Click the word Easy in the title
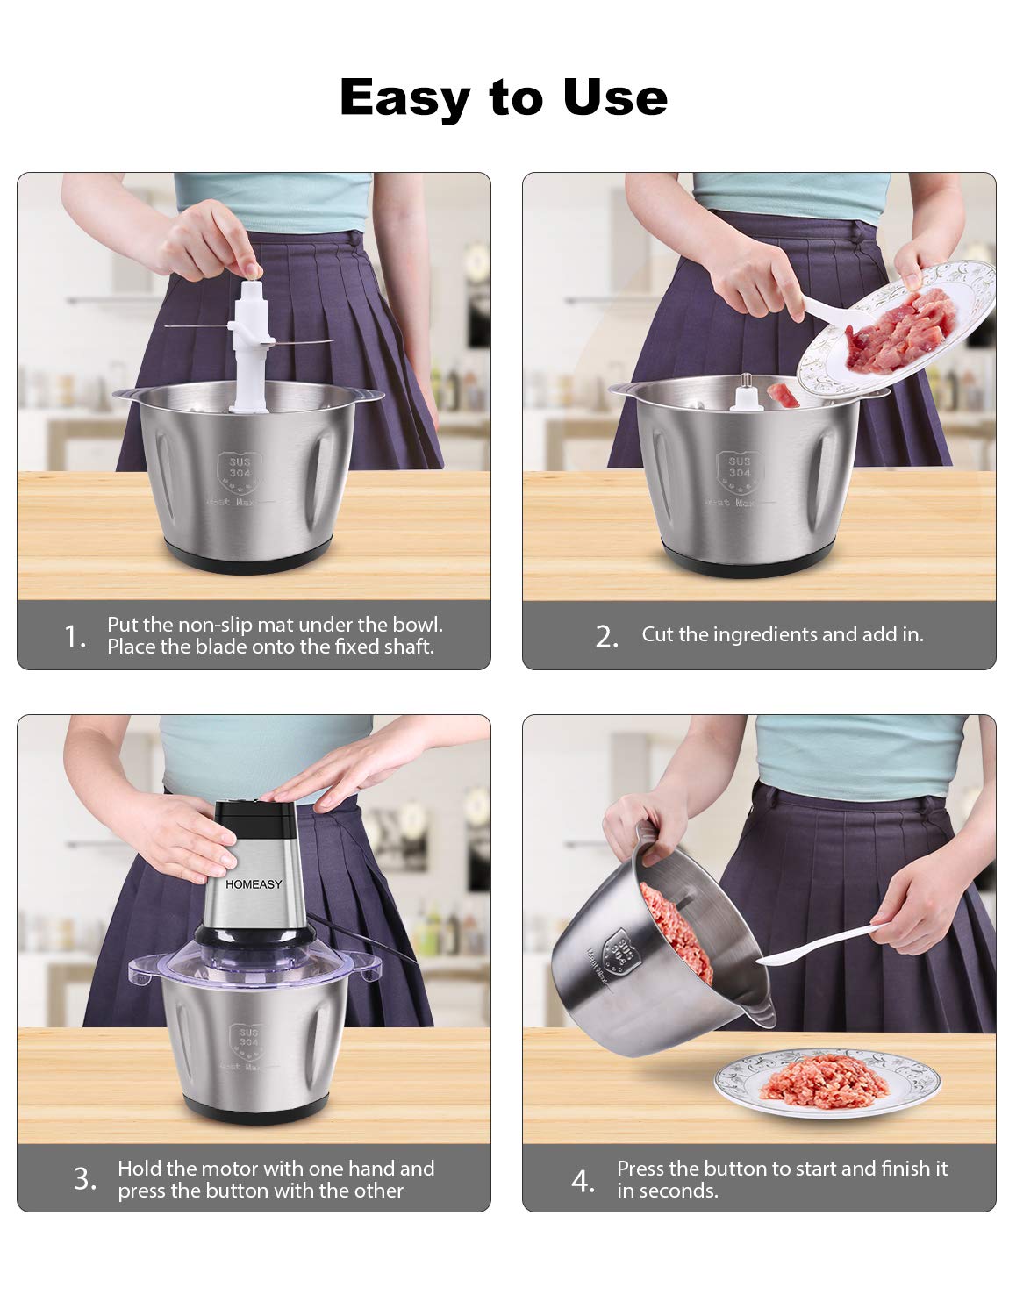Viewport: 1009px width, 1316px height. coord(404,97)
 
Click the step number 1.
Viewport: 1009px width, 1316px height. coord(75,636)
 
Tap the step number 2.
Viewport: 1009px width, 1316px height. coord(606,636)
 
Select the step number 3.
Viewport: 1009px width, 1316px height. coord(84,1178)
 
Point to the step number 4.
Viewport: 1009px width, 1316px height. coord(583,1181)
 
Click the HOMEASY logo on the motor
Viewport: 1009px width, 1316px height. coord(254,883)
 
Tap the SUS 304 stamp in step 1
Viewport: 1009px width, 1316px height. coord(240,468)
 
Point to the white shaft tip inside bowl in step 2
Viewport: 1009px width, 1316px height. coord(745,393)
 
